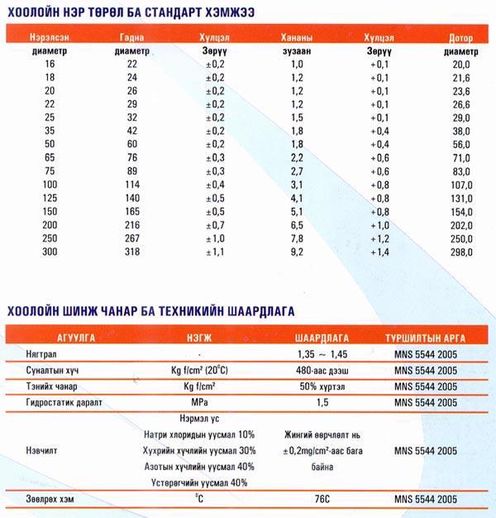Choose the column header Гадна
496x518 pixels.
pyautogui.click(x=131, y=38)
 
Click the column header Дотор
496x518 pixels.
pyautogui.click(x=460, y=38)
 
